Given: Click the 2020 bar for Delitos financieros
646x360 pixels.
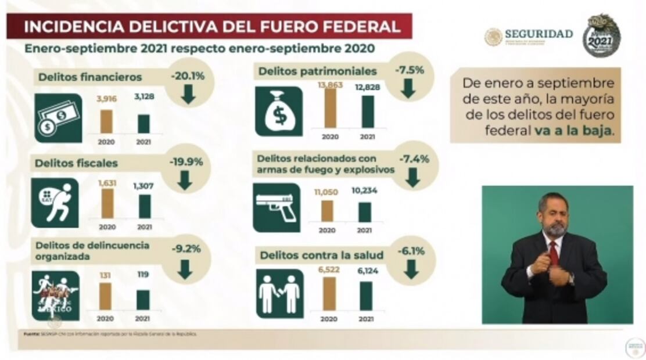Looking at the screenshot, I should tap(106, 121).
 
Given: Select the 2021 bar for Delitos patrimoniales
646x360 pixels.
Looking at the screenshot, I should tap(368, 111).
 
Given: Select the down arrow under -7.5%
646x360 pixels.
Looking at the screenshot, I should tap(408, 88).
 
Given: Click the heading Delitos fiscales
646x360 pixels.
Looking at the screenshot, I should tap(76, 163).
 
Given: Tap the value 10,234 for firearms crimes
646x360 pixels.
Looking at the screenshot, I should tap(365, 190).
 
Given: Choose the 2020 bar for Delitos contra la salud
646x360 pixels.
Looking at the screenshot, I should tap(329, 293).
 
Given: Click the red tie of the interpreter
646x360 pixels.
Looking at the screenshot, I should tap(554, 253).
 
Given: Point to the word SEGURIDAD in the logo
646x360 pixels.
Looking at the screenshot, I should tap(539, 34).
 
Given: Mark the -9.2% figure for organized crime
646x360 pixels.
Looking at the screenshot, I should tap(186, 249).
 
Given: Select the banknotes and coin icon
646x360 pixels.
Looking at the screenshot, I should tap(57, 118).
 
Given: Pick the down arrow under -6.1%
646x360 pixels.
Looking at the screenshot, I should tap(411, 269).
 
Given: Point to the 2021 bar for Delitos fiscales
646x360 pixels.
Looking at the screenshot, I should tap(145, 206).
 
